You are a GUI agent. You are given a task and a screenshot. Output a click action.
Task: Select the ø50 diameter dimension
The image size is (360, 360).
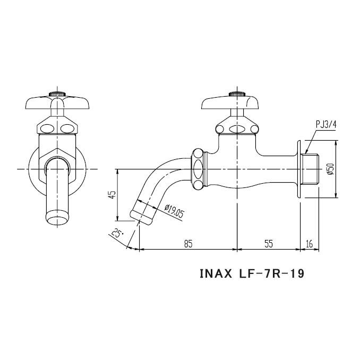[x=330, y=170]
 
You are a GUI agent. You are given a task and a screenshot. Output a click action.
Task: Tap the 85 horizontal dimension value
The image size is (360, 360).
[x=188, y=243]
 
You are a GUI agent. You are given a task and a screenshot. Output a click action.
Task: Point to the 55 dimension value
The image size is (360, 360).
[x=268, y=243]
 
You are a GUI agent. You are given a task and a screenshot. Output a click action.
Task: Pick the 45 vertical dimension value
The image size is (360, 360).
[x=112, y=195]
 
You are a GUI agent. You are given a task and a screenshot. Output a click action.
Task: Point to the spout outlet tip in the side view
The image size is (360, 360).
[x=142, y=211]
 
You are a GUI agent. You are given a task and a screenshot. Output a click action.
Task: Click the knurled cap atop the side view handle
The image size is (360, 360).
[x=236, y=94]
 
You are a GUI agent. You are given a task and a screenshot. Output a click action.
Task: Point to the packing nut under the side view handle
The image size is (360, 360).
[x=237, y=127]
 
